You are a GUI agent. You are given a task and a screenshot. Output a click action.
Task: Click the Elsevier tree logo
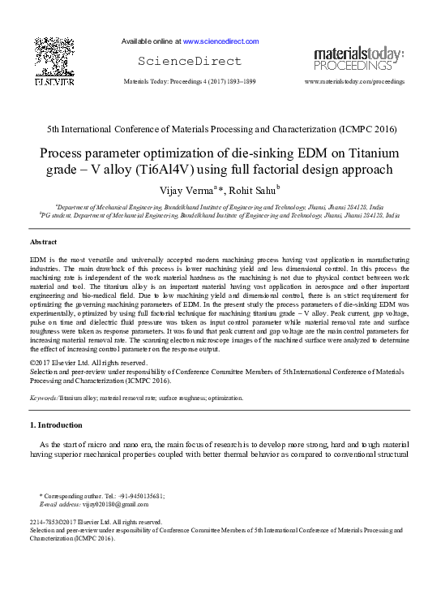54,56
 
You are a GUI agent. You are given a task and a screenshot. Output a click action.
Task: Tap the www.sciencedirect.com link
220,41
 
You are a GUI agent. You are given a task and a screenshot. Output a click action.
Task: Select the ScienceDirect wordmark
190,62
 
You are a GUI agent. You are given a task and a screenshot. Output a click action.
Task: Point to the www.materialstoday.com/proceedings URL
354,83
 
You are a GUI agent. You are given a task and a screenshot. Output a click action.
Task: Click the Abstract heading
44,243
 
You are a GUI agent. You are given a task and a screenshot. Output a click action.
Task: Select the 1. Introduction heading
61,424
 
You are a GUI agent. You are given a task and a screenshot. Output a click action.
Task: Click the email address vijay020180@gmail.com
122,503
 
